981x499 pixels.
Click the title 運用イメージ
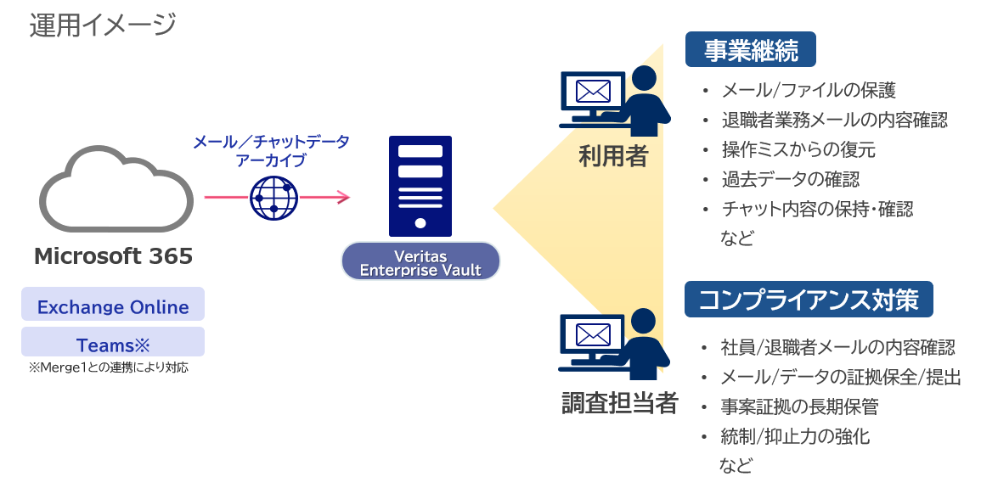(103, 25)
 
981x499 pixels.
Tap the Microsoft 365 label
(113, 255)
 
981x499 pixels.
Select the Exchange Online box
(113, 306)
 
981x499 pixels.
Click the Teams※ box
(113, 345)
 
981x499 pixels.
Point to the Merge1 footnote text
(108, 367)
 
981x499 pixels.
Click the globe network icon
(273, 199)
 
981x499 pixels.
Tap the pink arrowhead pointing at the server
(342, 199)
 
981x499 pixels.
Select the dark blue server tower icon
(420, 186)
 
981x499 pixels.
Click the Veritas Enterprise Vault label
(420, 263)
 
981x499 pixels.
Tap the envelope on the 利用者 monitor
(592, 91)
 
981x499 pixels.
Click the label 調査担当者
(620, 403)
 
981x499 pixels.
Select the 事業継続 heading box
(751, 51)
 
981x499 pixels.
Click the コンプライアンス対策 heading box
(808, 300)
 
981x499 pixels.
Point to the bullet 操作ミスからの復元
(798, 150)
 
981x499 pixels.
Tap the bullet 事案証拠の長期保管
(799, 406)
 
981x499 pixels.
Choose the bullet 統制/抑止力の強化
(795, 437)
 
